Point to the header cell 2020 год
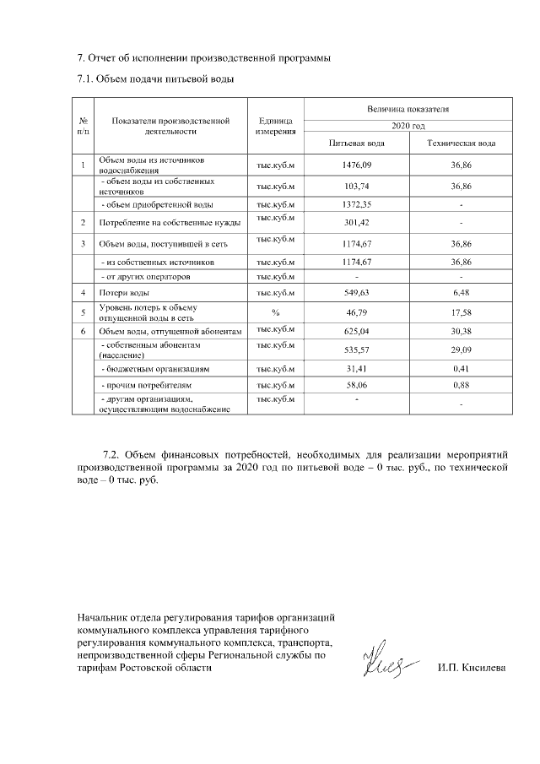pos(408,125)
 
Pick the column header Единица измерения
pos(275,126)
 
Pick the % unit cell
pos(275,312)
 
